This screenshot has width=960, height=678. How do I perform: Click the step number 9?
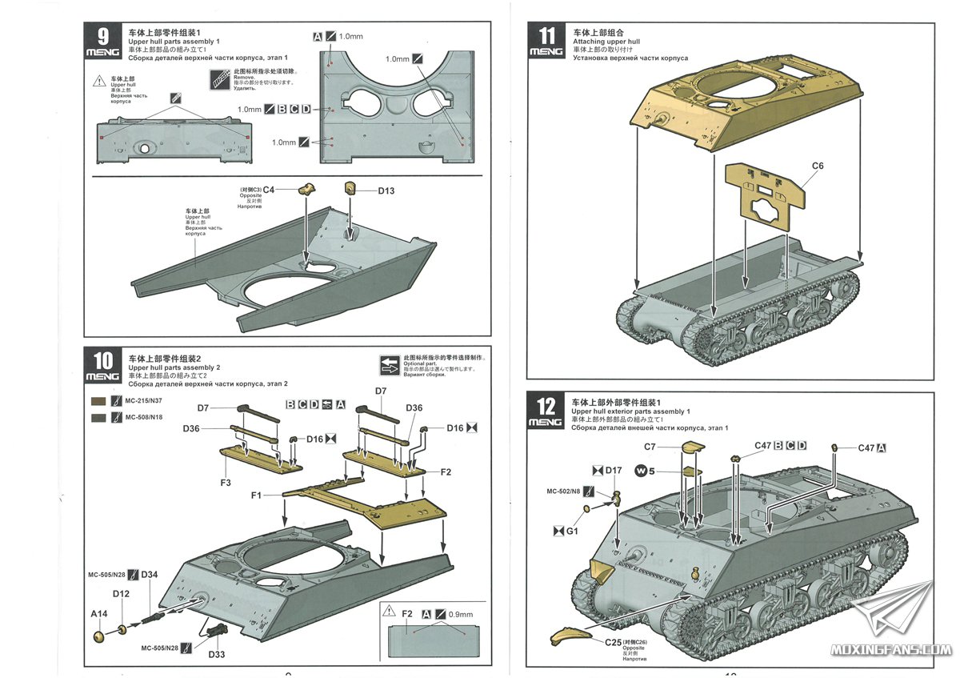[103, 37]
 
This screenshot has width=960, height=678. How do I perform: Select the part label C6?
[817, 166]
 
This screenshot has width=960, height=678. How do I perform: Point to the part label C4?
[269, 190]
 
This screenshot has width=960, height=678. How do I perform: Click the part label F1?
[256, 496]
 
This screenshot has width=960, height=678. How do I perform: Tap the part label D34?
[150, 575]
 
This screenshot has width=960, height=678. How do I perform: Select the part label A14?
[98, 614]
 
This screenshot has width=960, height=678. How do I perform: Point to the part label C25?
[614, 642]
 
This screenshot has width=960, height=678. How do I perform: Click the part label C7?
[650, 446]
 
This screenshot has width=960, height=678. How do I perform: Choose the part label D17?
[613, 470]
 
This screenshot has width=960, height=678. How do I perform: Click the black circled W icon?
[641, 470]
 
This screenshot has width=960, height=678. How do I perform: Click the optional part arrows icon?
[390, 365]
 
